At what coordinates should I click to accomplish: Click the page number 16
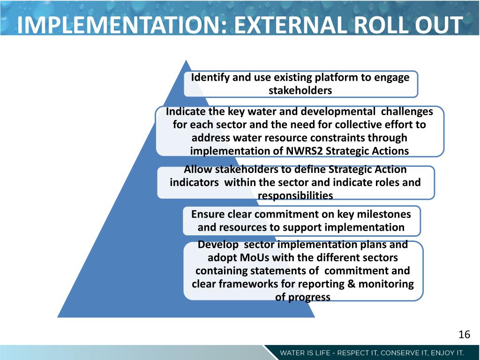[x=464, y=334]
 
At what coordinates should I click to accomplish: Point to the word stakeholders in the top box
[x=300, y=90]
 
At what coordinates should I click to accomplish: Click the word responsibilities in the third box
[x=295, y=195]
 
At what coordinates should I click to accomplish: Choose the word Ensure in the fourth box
[x=208, y=214]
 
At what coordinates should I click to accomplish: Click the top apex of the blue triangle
[x=187, y=60]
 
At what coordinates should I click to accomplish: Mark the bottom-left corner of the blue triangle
[x=58, y=317]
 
